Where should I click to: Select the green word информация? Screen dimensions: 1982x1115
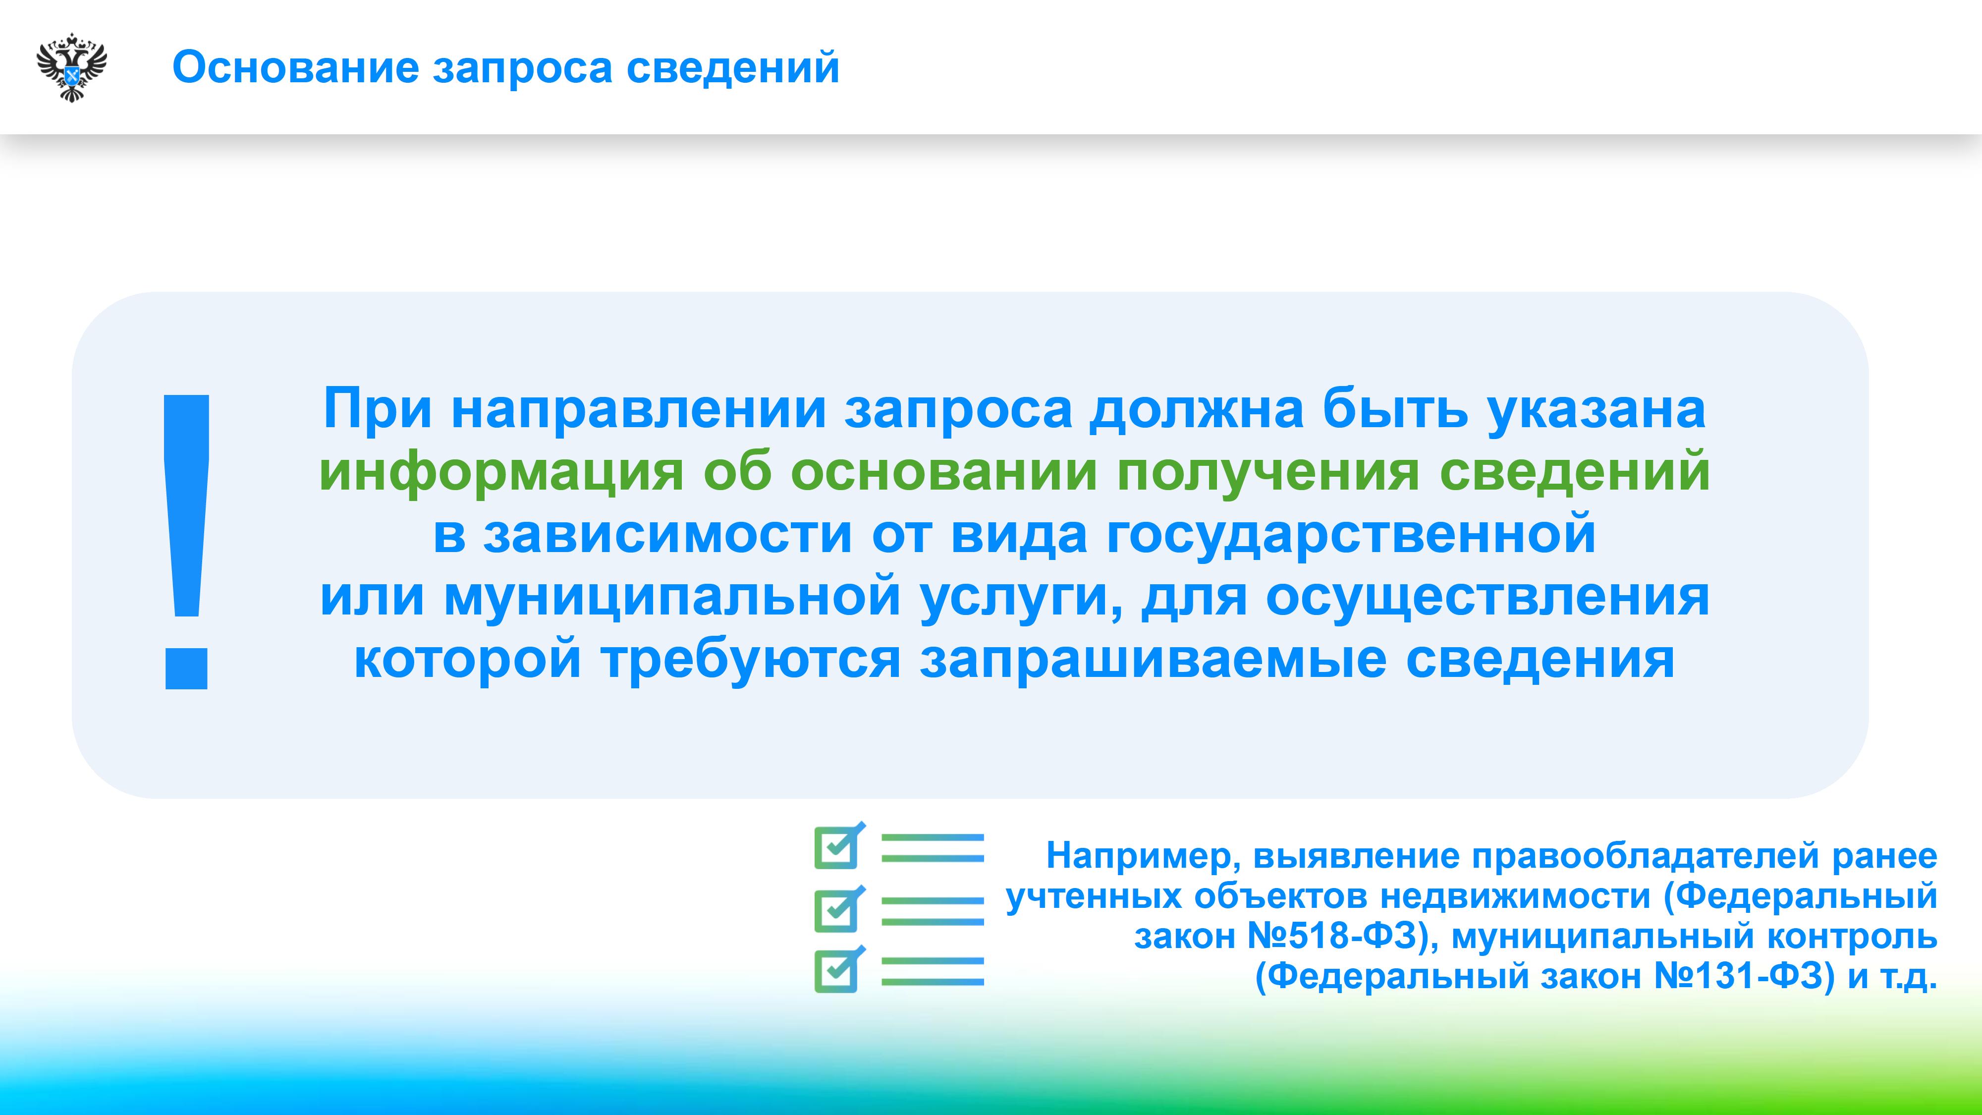pyautogui.click(x=501, y=472)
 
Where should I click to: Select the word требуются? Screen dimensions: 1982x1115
pyautogui.click(x=751, y=660)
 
